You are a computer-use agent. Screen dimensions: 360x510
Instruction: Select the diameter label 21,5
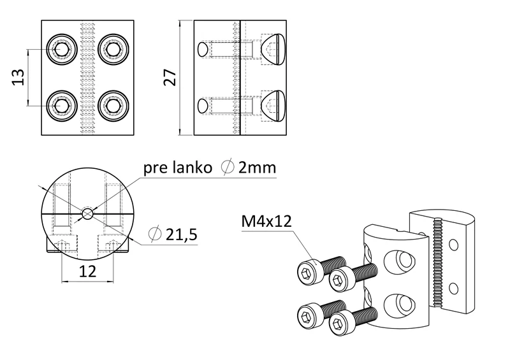(x=180, y=234)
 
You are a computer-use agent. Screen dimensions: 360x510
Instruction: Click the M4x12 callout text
(x=266, y=222)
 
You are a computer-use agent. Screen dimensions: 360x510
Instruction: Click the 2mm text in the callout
(x=257, y=168)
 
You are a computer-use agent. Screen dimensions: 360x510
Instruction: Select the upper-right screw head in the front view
(x=113, y=49)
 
